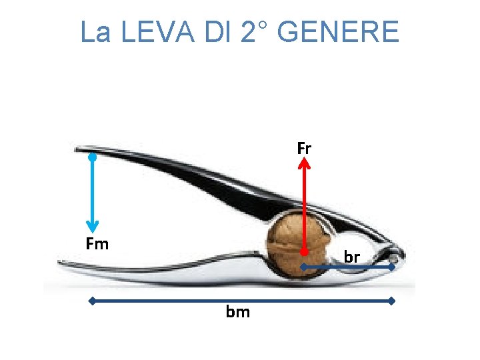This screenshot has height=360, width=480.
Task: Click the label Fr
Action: pos(304,148)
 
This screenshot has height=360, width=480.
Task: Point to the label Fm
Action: pos(97,244)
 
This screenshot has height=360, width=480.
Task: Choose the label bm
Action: pos(238,311)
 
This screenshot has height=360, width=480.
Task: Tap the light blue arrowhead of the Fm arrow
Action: pos(92,227)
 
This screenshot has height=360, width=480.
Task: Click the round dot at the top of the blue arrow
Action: pos(93,158)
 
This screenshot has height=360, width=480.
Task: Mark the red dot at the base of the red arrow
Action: pos(304,253)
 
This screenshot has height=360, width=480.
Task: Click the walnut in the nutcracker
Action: pos(293,243)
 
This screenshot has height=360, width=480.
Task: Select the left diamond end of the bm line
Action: pos(92,301)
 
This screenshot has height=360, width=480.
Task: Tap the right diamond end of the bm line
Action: pos(392,301)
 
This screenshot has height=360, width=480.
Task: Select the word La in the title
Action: pos(95,31)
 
